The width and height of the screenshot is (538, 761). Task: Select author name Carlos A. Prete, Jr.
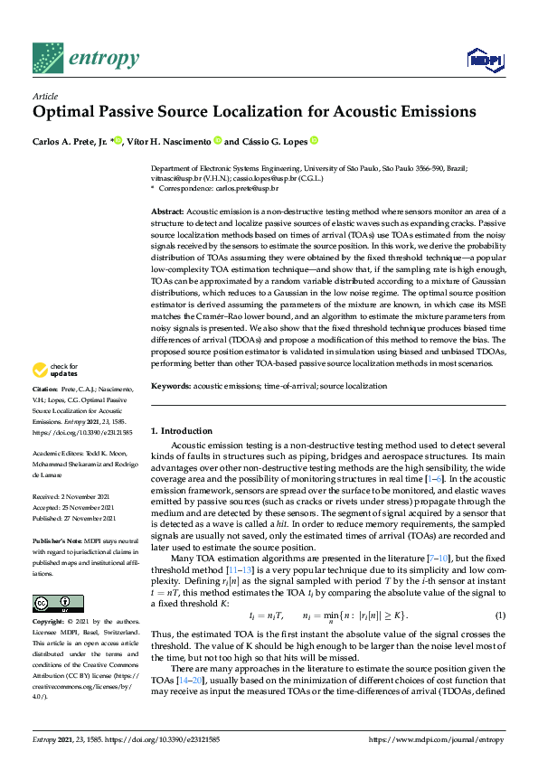point(69,141)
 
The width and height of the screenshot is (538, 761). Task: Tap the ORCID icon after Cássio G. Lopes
point(314,141)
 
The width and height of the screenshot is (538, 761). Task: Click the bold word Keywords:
point(170,386)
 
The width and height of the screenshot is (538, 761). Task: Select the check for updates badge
point(55,370)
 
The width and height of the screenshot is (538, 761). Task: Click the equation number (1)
point(498,615)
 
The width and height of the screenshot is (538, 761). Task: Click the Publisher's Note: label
point(57,540)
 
